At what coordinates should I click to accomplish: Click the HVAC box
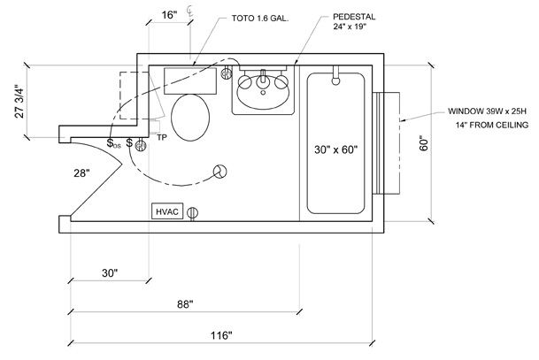point(167,212)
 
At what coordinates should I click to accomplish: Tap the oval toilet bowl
point(189,118)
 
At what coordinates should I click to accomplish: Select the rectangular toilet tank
point(191,80)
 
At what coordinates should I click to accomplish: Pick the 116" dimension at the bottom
point(221,335)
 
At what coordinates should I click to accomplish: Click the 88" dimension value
point(184,305)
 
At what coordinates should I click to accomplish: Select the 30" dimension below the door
point(109,273)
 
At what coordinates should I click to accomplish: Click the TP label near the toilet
point(162,138)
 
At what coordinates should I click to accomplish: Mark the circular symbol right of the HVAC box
point(192,212)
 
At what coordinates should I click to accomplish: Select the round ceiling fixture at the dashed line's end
point(220,172)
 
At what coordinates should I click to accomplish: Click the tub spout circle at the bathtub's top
point(335,80)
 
